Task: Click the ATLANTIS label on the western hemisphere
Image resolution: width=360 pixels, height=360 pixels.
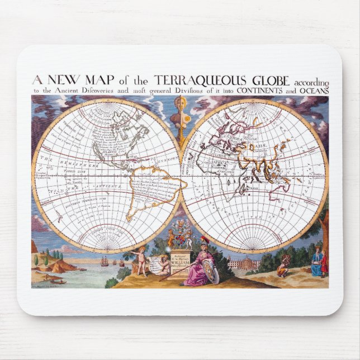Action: coord(128,147)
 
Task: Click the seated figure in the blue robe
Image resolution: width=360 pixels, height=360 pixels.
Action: coord(317,263)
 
